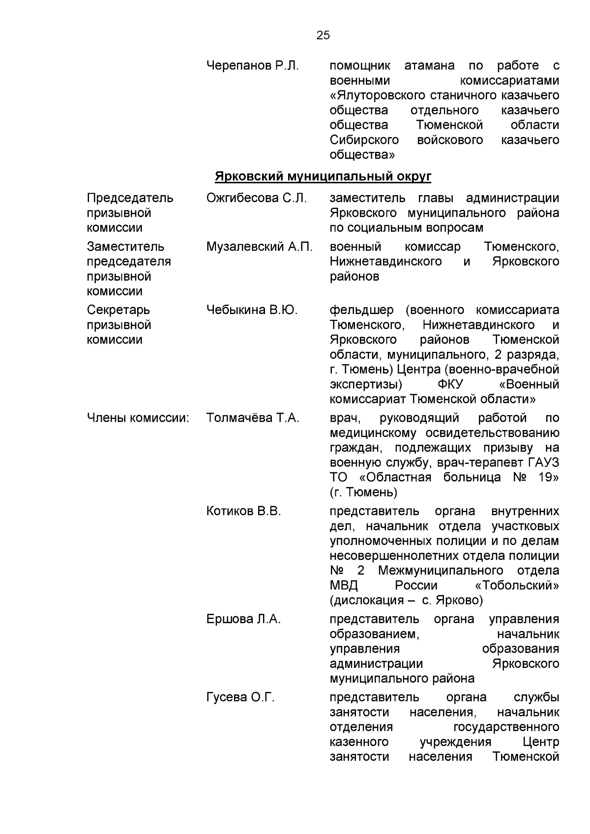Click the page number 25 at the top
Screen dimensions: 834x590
coord(323,35)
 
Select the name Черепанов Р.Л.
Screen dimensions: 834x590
coord(252,66)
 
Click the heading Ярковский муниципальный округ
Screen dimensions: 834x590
coord(323,176)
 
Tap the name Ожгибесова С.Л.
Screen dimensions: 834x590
coord(256,198)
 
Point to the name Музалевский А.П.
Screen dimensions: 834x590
coord(259,247)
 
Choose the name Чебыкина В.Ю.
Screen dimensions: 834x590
coord(252,310)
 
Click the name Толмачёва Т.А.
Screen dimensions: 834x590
coord(253,418)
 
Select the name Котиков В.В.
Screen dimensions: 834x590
coord(243,511)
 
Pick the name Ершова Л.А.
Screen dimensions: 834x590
coord(243,619)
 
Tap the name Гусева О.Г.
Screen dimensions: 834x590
coord(240,697)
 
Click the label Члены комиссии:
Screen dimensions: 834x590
coord(138,418)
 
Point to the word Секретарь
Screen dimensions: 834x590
coord(118,310)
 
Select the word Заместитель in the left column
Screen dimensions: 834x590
coord(125,247)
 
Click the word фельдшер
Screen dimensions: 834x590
coord(361,310)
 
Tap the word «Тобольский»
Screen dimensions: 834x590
coord(517,585)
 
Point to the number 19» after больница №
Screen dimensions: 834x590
coord(548,477)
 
